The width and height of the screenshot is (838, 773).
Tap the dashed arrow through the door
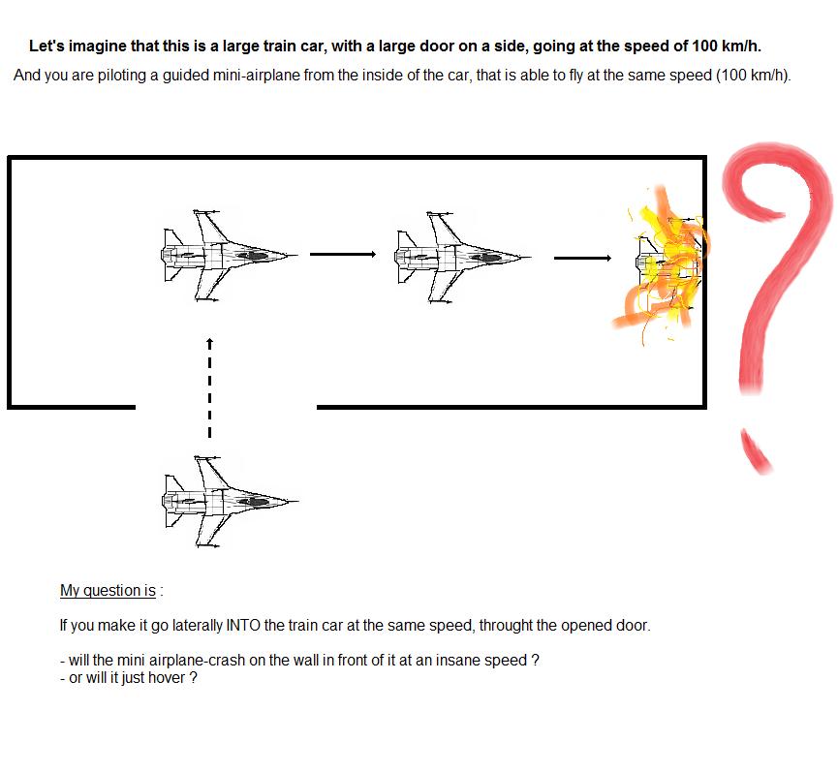click(x=209, y=387)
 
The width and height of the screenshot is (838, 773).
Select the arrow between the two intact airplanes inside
click(x=343, y=255)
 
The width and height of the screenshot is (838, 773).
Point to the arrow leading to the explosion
click(x=582, y=258)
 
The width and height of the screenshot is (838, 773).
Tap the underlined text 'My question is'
click(x=108, y=590)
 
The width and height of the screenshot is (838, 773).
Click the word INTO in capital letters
click(x=243, y=625)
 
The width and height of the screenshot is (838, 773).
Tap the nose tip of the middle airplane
click(x=531, y=258)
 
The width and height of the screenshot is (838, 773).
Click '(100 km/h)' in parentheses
click(x=753, y=75)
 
